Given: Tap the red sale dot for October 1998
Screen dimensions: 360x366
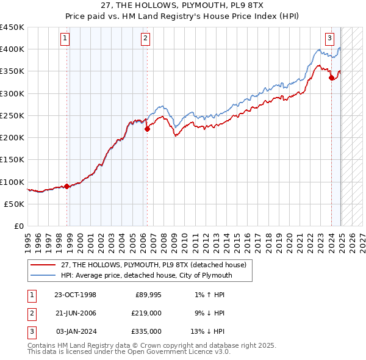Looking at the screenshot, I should tap(67, 187).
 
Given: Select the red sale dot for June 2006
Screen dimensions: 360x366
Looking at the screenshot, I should tap(147, 129).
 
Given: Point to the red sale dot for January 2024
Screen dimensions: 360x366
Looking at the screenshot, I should tap(331, 77).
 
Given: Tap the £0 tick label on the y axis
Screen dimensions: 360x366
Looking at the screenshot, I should tap(18, 226).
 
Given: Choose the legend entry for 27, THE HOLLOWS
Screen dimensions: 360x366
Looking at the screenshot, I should tap(152, 265).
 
